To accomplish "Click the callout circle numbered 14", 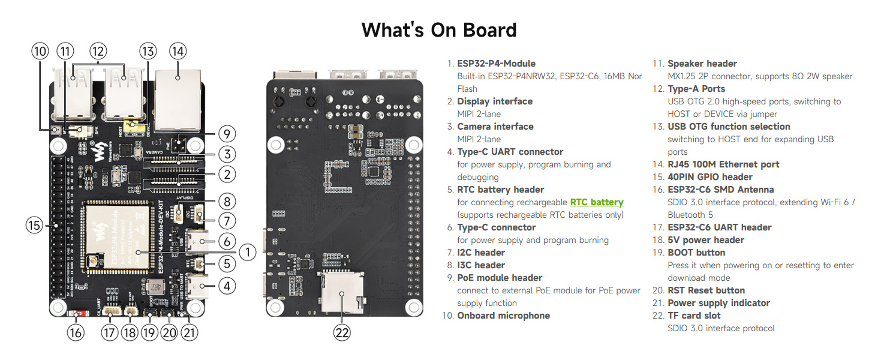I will coord(178,51).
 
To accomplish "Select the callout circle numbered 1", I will coord(248,251).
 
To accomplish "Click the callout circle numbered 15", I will coord(35,226).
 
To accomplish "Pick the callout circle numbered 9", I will coord(226,133).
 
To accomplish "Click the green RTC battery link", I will coord(597,202).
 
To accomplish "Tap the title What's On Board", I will coord(439,29).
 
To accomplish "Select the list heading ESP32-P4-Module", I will coord(496,64).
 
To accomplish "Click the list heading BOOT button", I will coord(696,253).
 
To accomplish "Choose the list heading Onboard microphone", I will coord(503,316).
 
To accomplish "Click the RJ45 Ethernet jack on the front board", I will coord(178,100).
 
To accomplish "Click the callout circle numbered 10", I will coord(41,51).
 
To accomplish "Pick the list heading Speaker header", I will coord(702,64).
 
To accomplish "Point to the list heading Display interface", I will coord(495,101).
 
